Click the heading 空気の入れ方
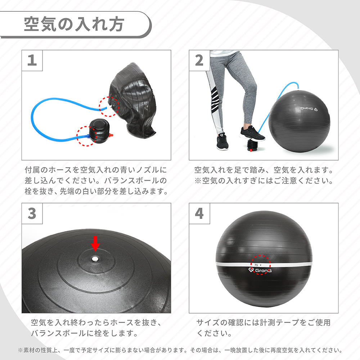(x=74, y=25)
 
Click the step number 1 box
(x=32, y=60)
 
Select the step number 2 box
(x=199, y=60)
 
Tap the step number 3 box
(x=32, y=213)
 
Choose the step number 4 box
(x=199, y=213)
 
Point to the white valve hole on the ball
(x=95, y=258)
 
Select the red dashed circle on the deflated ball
(x=109, y=106)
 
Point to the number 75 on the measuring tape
(x=256, y=265)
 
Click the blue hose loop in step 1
(x=50, y=115)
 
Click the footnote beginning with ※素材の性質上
(x=180, y=350)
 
